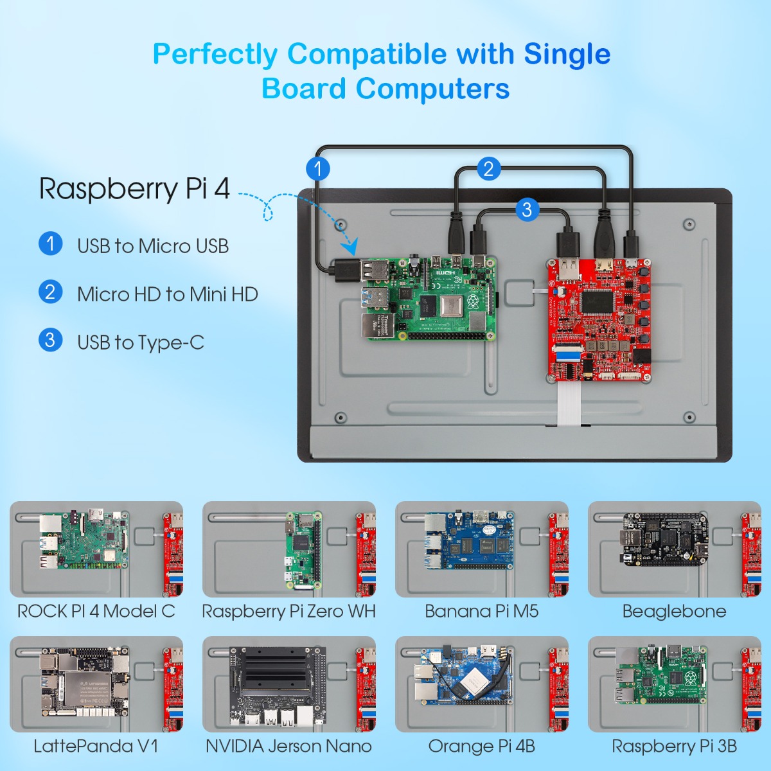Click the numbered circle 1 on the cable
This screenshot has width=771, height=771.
click(317, 169)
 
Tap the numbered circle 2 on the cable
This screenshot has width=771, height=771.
click(488, 168)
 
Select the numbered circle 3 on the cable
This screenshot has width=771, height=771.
click(527, 209)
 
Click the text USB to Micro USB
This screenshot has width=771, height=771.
click(153, 246)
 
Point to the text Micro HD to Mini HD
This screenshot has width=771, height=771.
click(167, 294)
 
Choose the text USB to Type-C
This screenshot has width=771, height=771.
click(140, 342)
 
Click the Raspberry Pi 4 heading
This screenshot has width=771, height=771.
click(134, 188)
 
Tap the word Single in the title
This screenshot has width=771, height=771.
click(567, 54)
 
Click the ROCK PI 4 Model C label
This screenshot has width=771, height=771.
click(96, 611)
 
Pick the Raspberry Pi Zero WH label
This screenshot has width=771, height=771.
click(288, 611)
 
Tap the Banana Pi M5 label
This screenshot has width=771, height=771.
click(481, 611)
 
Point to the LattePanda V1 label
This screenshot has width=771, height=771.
click(96, 746)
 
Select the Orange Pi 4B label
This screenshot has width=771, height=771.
click(481, 746)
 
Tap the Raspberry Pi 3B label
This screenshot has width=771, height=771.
click(674, 746)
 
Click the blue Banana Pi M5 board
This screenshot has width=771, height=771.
click(470, 540)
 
